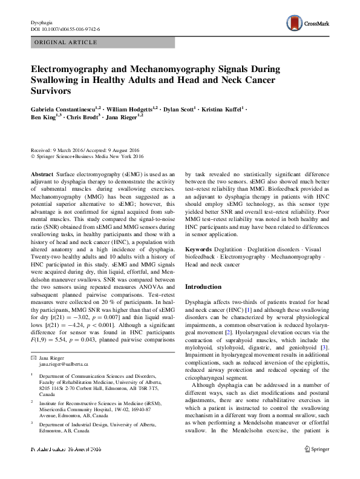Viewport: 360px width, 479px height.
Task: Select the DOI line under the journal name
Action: pos(65,29)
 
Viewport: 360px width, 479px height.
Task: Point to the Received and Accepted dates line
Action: pos(85,150)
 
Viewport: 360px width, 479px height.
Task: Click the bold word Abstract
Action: pos(42,173)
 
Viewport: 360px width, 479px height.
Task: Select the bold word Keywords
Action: pos(198,249)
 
